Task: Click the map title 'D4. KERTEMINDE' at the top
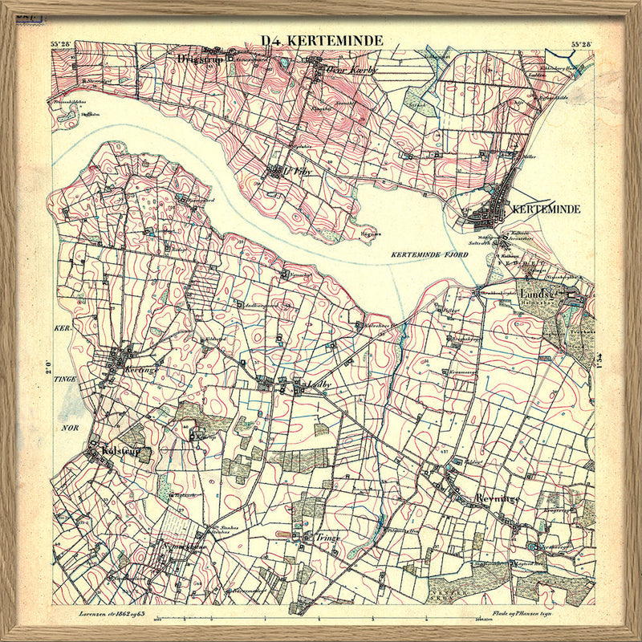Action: point(322,41)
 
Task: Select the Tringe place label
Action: point(327,538)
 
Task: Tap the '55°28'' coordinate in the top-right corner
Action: point(581,44)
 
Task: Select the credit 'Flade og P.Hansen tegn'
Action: point(542,612)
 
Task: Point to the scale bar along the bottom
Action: point(321,619)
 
